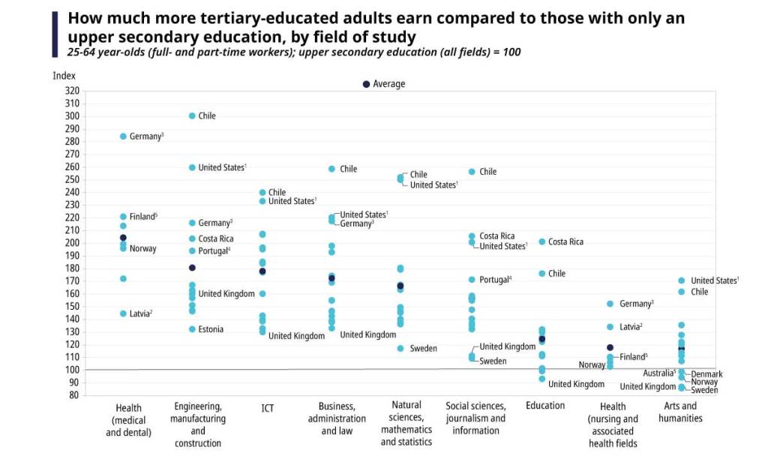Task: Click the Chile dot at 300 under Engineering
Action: tap(192, 116)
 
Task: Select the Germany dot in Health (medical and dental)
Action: tap(123, 136)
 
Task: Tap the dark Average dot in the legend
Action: tap(366, 84)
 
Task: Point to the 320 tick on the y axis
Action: tap(72, 91)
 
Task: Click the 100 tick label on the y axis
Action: tap(72, 370)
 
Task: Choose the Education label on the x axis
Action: tap(545, 406)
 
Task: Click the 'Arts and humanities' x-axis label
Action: tap(680, 412)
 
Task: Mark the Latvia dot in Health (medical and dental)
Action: tap(123, 313)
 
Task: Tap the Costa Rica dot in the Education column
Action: tap(542, 241)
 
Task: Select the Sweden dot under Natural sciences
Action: tap(400, 349)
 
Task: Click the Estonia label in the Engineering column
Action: tap(210, 329)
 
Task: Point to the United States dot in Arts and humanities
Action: tap(681, 280)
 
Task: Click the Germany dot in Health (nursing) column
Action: tap(610, 304)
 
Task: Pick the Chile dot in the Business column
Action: tap(331, 169)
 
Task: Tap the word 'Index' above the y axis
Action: tap(64, 76)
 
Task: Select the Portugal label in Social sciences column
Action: tap(495, 280)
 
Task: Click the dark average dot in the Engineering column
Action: tap(192, 268)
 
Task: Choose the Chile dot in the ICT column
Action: tap(262, 193)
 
